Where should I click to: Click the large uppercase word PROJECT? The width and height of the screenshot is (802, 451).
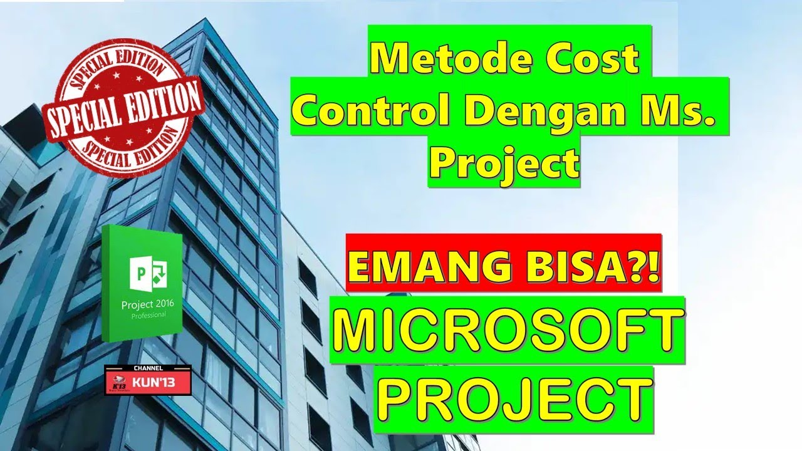click(x=513, y=397)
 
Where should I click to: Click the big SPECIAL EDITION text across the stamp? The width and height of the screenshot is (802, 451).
click(x=122, y=110)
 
